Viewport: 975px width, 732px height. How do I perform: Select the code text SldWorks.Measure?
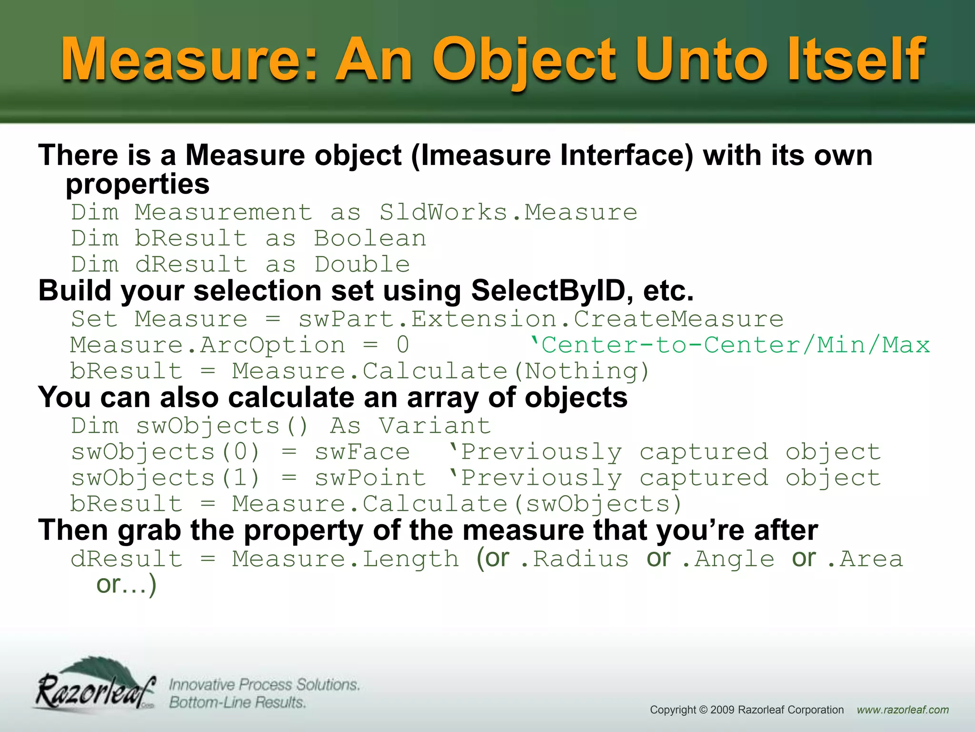pos(508,212)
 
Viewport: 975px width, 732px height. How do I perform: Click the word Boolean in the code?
pos(370,238)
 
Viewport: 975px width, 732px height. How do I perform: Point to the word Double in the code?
pos(362,264)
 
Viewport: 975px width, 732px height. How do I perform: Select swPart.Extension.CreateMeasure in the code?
pos(540,319)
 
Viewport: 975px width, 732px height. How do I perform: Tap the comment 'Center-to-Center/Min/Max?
pos(730,345)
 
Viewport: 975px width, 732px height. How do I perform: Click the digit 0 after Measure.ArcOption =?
pos(403,345)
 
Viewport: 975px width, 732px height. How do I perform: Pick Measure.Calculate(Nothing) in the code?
pos(440,371)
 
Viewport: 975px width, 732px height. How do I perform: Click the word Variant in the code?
pos(435,426)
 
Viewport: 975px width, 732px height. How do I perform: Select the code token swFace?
pos(362,452)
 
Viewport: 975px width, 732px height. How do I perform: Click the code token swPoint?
pos(370,478)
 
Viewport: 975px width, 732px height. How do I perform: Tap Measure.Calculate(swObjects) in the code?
pos(457,504)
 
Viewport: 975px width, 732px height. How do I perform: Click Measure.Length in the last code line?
pos(345,559)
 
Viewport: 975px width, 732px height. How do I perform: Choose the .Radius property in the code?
pos(574,559)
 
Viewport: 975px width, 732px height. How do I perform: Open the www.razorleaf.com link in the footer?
pos(903,710)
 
